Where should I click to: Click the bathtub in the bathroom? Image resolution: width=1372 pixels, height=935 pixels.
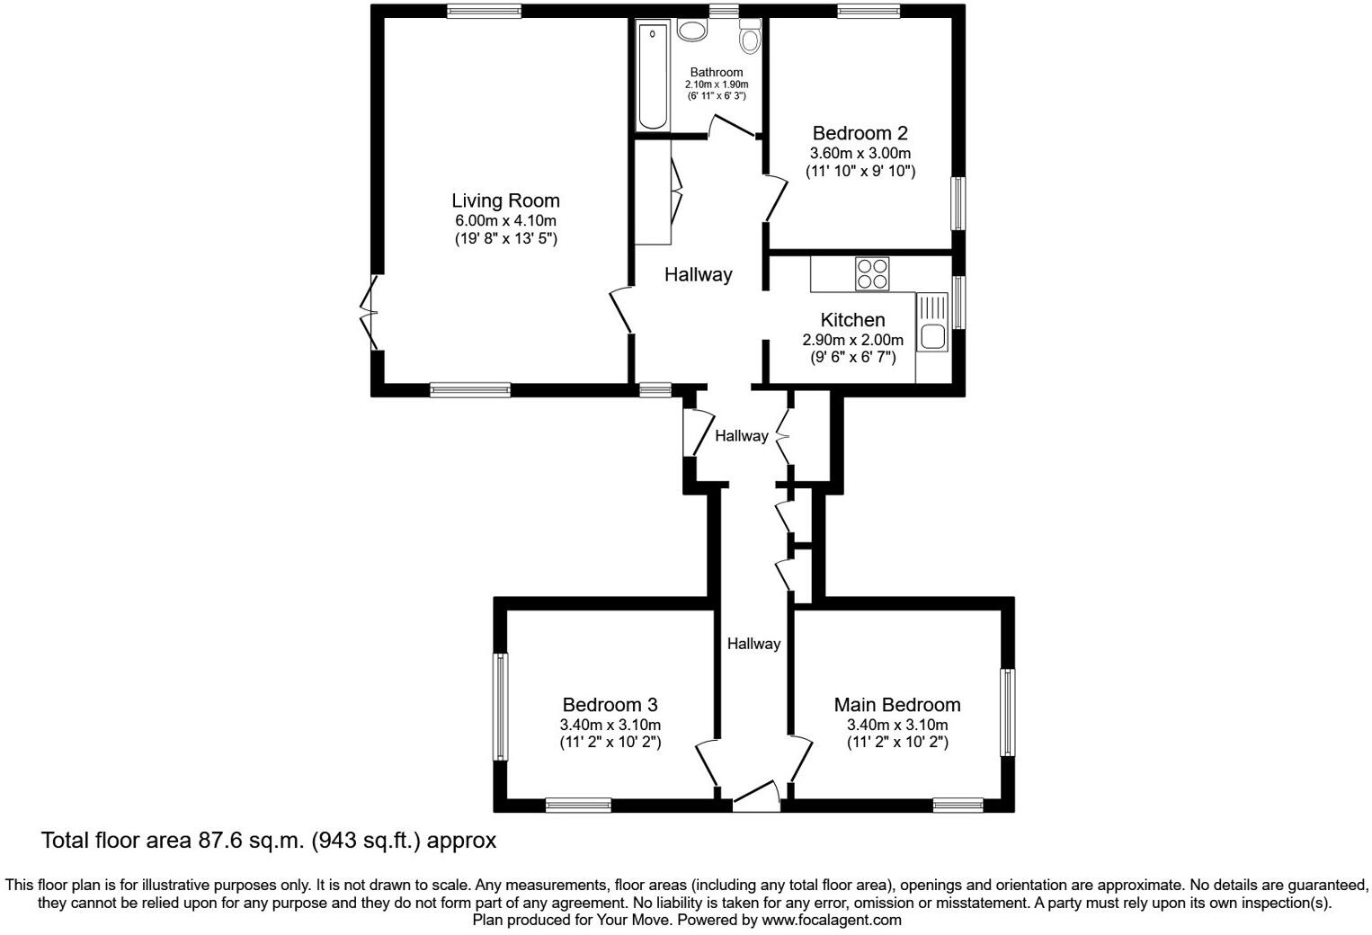click(x=653, y=77)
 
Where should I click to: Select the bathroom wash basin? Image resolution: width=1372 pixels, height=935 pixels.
click(x=692, y=31)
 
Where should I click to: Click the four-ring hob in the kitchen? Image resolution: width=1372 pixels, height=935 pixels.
click(x=872, y=273)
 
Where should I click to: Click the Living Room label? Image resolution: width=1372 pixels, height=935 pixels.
click(x=505, y=200)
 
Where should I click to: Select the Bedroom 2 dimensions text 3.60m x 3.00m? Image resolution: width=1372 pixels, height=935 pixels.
click(x=860, y=153)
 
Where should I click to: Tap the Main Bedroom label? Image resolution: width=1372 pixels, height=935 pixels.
click(x=896, y=705)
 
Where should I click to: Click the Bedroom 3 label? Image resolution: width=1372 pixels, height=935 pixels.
click(x=610, y=705)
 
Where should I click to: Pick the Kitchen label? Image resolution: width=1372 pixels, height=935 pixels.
click(x=852, y=320)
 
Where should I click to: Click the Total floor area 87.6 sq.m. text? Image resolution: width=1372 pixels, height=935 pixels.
click(x=268, y=841)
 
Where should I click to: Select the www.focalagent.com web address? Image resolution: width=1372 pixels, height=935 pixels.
click(x=831, y=921)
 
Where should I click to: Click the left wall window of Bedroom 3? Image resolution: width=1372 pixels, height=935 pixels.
click(x=501, y=707)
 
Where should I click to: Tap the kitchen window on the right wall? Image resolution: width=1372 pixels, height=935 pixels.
click(x=958, y=303)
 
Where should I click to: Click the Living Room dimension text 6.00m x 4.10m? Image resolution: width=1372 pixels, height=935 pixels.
click(x=505, y=221)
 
